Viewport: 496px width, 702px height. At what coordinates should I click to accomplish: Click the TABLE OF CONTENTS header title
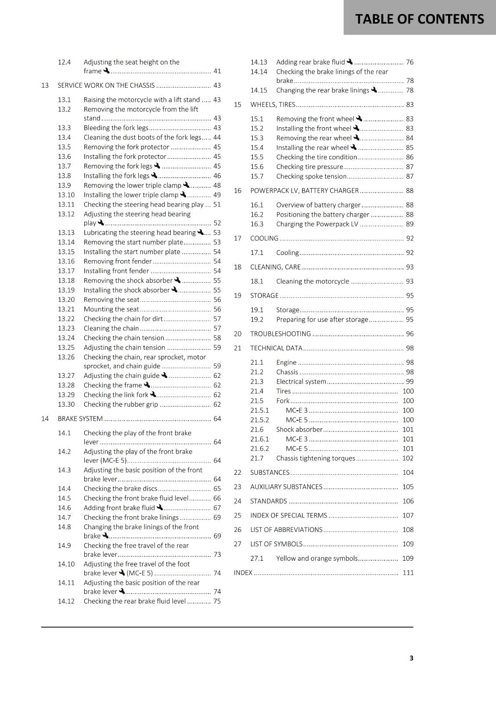[x=419, y=19]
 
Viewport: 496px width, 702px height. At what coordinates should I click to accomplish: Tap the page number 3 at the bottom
[x=411, y=658]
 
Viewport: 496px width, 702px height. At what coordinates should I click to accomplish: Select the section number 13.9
[x=64, y=186]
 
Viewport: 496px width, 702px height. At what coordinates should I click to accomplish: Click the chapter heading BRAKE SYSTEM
[x=80, y=419]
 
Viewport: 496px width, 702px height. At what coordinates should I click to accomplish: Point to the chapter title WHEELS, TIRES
[x=273, y=105]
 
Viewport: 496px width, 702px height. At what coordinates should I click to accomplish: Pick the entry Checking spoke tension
[x=311, y=176]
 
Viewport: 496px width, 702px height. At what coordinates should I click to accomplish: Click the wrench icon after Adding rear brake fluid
[x=350, y=62]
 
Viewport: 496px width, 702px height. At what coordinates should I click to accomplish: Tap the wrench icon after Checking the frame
[x=147, y=385]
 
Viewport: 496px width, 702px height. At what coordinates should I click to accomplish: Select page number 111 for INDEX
[x=408, y=573]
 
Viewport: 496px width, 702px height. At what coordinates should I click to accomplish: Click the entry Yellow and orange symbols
[x=317, y=559]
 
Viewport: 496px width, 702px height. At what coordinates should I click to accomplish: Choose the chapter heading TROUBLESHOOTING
[x=280, y=334]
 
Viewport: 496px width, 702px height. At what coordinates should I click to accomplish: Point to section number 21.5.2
[x=259, y=420]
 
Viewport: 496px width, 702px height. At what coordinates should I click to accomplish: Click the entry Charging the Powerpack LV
[x=317, y=224]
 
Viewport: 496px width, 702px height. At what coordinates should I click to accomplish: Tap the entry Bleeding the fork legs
[x=116, y=128]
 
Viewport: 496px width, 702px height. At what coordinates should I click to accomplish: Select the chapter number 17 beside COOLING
[x=237, y=238]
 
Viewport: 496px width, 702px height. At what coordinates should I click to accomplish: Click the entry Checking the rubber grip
[x=121, y=405]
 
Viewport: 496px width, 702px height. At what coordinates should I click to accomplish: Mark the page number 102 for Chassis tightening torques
[x=408, y=458]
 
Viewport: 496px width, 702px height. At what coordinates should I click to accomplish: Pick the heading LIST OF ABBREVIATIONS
[x=286, y=530]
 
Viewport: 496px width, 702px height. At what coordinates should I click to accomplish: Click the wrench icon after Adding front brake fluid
[x=160, y=508]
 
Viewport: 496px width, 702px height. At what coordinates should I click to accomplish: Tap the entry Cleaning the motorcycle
[x=313, y=282]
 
